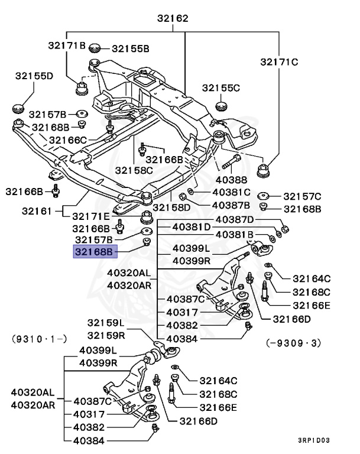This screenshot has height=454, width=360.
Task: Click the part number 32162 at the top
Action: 173,18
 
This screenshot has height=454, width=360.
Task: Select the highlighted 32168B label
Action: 93,252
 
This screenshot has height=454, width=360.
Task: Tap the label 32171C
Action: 280,61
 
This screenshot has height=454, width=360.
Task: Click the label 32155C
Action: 221,87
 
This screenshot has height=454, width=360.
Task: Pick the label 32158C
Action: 134,170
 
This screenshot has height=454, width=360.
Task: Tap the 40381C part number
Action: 232,193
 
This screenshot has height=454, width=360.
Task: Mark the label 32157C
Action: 302,196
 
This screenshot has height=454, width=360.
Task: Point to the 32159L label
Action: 106,323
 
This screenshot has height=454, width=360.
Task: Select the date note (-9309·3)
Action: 293,342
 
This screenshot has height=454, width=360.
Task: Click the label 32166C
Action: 68,140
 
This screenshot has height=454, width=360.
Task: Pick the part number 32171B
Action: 67,45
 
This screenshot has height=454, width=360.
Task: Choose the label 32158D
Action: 171,207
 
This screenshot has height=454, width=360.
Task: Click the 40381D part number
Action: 192,227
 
